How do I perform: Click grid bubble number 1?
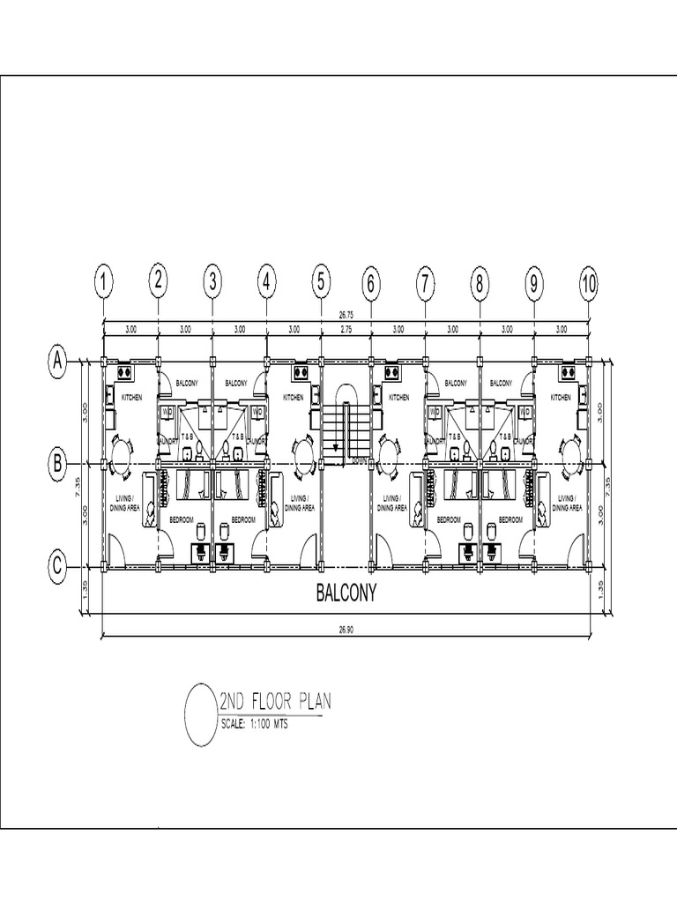tap(104, 283)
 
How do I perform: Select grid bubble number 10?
tap(589, 283)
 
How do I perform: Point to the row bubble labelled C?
tap(57, 566)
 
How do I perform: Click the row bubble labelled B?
tap(57, 462)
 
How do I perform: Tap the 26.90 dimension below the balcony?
tap(346, 629)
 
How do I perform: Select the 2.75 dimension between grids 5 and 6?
tap(346, 329)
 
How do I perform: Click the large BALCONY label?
tap(346, 594)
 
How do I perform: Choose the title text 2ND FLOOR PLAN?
tap(274, 703)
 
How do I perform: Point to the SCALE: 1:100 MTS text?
tap(254, 726)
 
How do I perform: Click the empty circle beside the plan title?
tap(200, 714)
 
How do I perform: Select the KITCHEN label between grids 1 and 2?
tap(132, 398)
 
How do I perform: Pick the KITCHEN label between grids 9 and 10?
tap(561, 398)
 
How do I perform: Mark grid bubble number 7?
tap(425, 283)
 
